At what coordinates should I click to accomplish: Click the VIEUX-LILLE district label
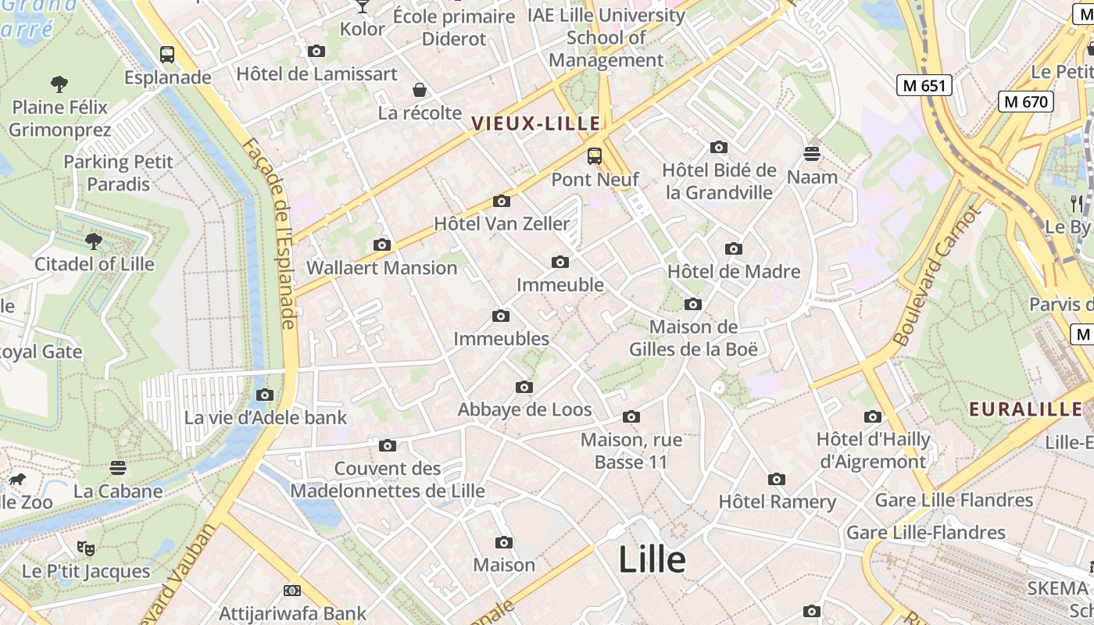click(536, 123)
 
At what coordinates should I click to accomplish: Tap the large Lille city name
click(652, 559)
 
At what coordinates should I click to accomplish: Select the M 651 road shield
click(924, 85)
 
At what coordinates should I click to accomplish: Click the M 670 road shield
click(1026, 101)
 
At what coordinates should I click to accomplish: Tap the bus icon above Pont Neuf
click(595, 156)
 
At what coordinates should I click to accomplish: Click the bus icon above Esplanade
click(167, 55)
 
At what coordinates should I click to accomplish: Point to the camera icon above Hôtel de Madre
click(733, 249)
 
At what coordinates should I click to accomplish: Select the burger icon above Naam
click(812, 154)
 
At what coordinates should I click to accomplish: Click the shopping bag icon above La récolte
click(420, 90)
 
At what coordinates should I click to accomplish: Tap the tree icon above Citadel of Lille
click(94, 241)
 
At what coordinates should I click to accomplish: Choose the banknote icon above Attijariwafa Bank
click(292, 591)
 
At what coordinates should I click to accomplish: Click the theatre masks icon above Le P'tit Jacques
click(86, 548)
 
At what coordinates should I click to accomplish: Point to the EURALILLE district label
click(1025, 409)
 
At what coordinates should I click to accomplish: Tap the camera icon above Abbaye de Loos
click(524, 387)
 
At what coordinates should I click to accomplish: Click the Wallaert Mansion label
click(381, 268)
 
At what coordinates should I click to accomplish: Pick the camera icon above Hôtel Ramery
click(776, 479)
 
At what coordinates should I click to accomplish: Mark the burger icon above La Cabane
click(118, 468)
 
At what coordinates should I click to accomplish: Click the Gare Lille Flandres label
click(953, 500)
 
